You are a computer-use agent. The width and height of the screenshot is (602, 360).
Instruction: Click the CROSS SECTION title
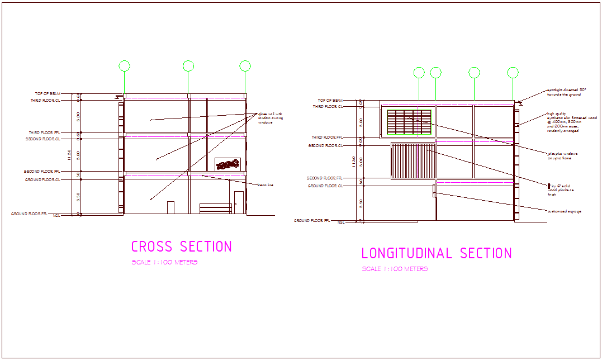point(181,247)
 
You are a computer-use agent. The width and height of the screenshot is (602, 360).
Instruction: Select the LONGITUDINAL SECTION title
point(436,253)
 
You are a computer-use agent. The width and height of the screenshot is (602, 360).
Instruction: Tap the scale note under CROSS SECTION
point(164,263)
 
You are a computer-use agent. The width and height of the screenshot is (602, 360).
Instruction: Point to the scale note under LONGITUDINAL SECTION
point(395,269)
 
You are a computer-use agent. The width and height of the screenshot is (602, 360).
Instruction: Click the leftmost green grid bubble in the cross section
point(124,67)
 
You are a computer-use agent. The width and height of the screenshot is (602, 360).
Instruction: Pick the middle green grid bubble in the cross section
point(188,66)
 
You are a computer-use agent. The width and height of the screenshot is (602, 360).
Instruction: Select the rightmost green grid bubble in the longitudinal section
point(513,72)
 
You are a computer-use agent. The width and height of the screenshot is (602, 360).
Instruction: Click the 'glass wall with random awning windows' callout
point(269,119)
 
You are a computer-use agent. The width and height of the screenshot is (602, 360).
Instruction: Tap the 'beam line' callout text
point(265,185)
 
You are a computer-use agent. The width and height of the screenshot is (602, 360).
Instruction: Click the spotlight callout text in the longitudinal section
point(566,92)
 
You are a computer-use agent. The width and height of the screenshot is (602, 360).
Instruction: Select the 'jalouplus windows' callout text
point(562,155)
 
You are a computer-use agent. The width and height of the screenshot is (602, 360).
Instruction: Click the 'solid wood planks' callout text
point(562,190)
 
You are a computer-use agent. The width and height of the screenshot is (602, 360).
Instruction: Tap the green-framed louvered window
point(409,122)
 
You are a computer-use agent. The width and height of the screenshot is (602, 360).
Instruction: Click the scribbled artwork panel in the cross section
point(227,164)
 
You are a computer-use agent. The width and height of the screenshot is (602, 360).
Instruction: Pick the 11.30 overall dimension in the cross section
point(69,154)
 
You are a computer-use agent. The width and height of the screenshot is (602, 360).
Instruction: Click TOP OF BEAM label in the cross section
point(48,94)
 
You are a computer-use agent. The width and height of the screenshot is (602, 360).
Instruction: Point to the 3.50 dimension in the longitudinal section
point(361,204)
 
